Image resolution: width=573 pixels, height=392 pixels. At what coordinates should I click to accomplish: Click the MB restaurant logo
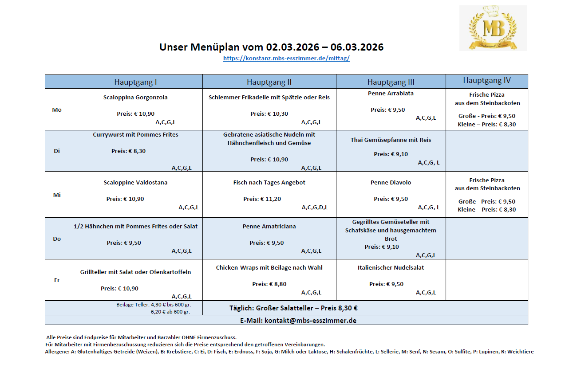click(x=493, y=28)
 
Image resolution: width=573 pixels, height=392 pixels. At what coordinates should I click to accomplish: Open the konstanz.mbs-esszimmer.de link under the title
click(x=286, y=58)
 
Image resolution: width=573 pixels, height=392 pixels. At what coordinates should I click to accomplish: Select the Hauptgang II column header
click(x=269, y=82)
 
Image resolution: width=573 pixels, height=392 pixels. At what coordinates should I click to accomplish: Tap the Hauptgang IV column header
click(x=486, y=81)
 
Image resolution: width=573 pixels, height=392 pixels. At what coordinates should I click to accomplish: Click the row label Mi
click(x=57, y=195)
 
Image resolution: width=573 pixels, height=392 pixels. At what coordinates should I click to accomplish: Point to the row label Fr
click(x=57, y=280)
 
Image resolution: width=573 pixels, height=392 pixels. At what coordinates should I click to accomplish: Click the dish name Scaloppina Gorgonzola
click(x=135, y=98)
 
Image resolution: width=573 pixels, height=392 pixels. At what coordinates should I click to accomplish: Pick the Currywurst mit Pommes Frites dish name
click(x=135, y=134)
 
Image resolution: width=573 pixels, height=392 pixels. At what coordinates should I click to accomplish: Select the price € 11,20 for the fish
click(x=270, y=199)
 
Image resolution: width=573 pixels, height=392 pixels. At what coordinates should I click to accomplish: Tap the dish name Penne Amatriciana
click(x=269, y=227)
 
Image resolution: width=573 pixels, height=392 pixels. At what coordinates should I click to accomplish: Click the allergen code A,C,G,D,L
click(x=315, y=208)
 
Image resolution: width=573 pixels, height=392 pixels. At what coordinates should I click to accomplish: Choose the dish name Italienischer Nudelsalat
click(x=391, y=268)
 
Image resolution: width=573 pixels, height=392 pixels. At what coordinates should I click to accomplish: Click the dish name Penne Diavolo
click(x=391, y=183)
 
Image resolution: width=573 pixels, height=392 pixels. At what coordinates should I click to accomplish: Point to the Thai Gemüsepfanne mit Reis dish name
click(x=391, y=140)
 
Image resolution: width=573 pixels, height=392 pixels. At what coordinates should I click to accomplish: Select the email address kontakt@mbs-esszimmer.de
click(x=310, y=320)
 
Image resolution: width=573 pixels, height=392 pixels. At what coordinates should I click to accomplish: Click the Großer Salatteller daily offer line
click(x=293, y=308)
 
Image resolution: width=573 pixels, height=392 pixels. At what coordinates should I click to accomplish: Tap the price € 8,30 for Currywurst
click(x=137, y=151)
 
